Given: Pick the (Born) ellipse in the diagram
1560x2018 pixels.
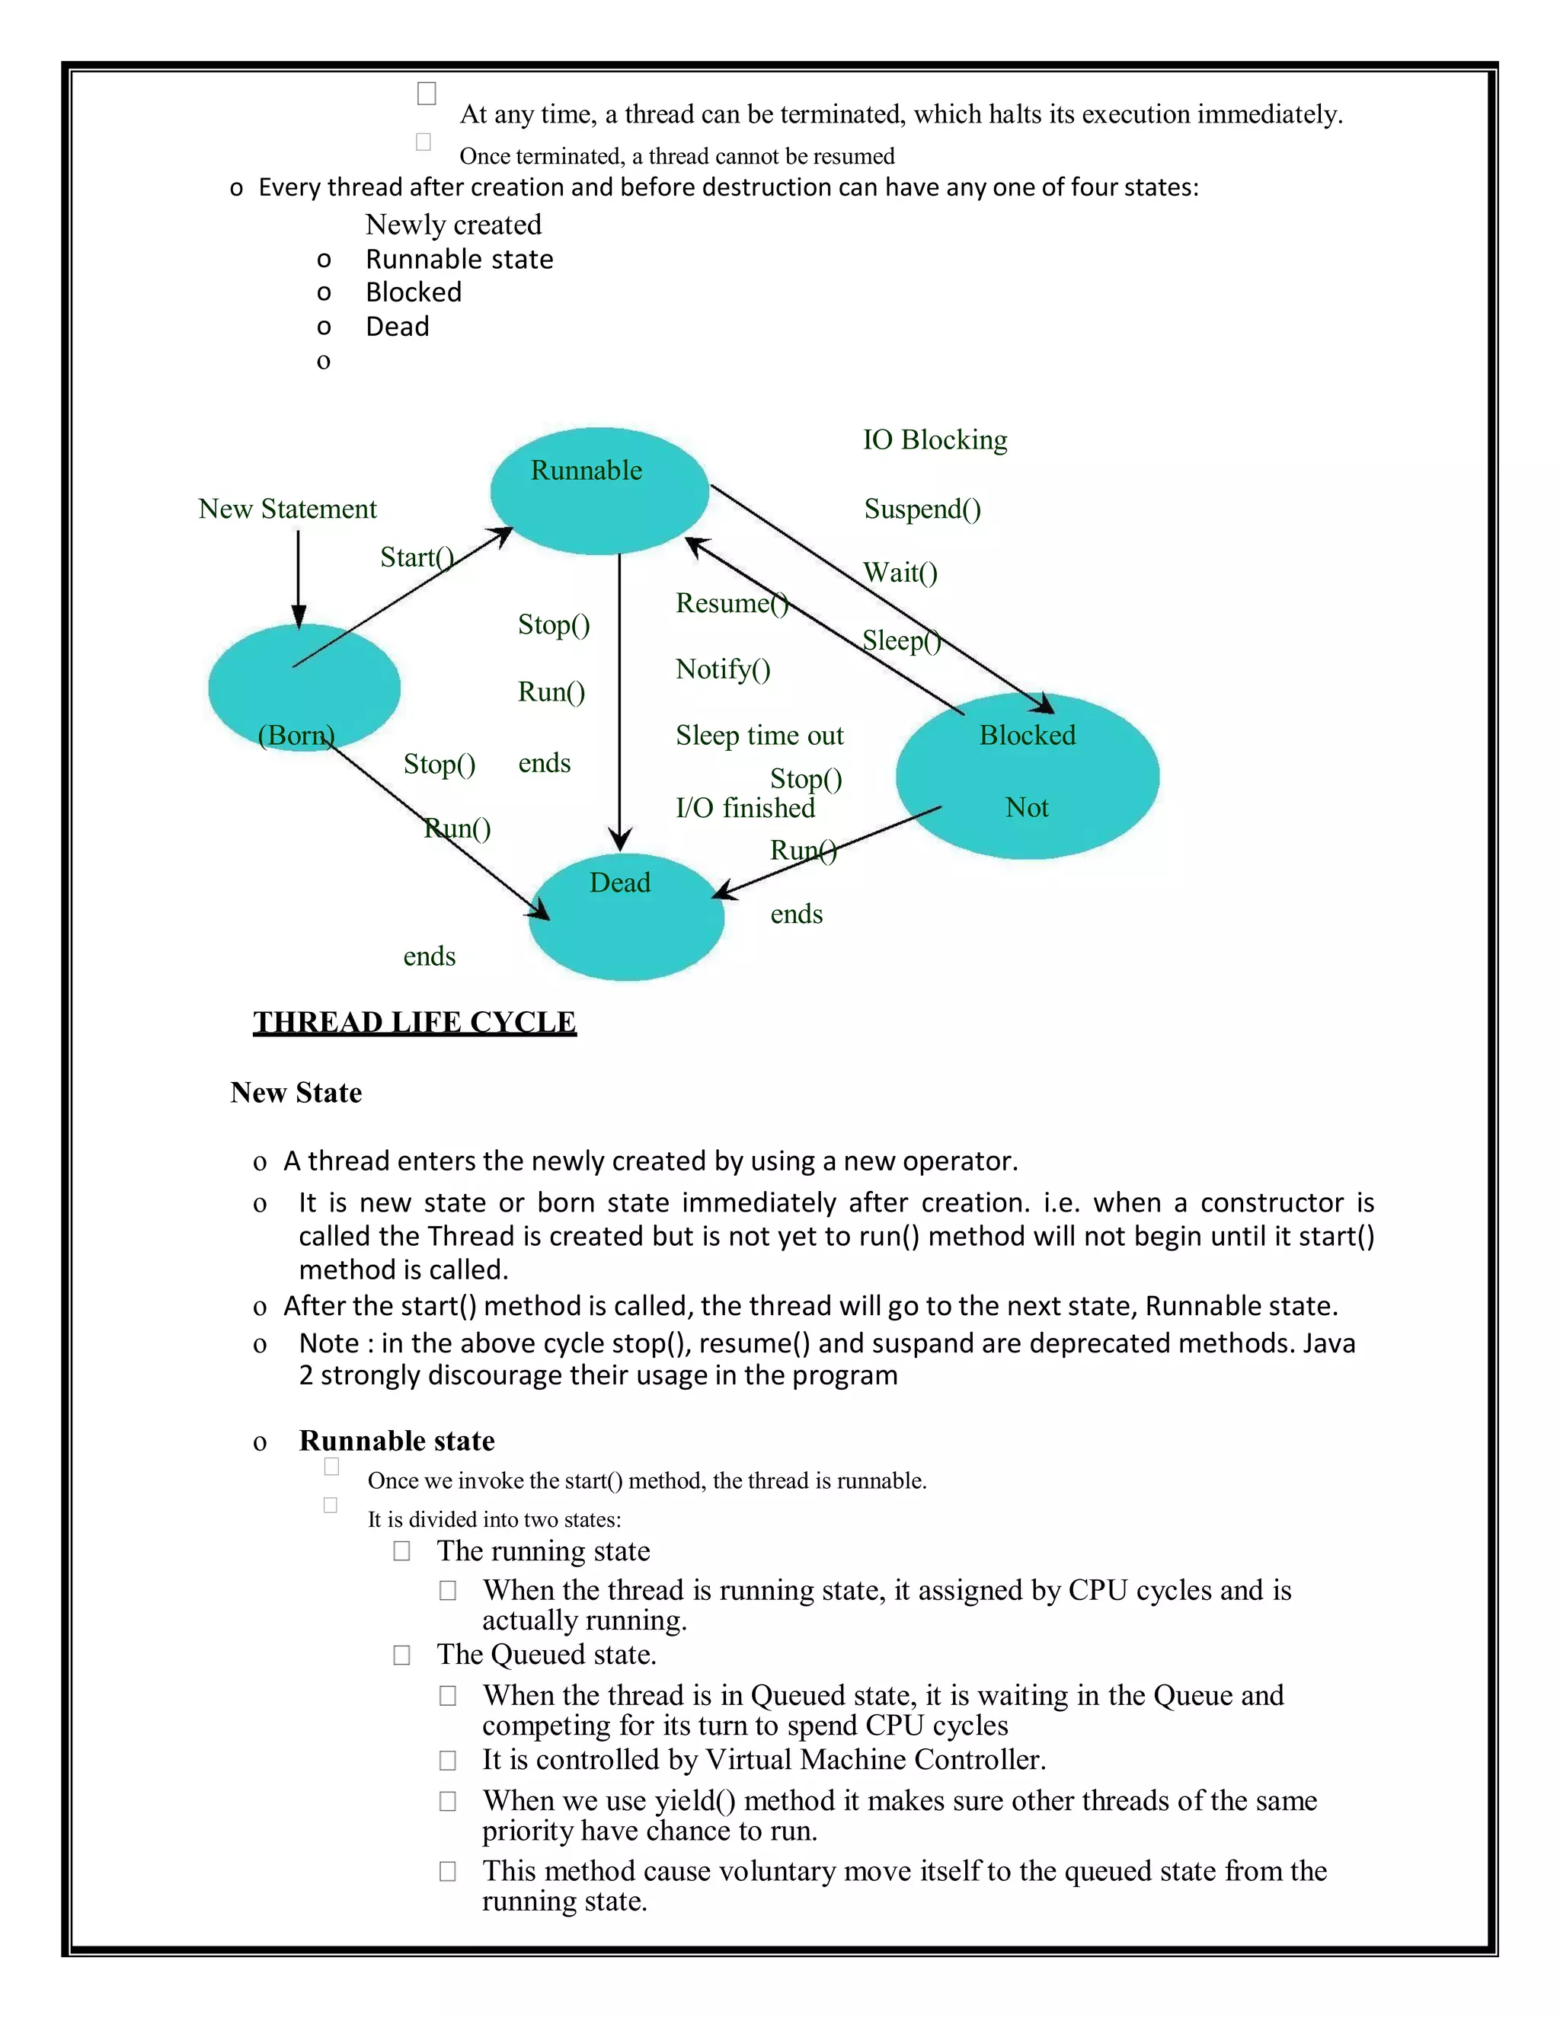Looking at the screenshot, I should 303,688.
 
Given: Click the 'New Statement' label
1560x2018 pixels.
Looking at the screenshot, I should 287,509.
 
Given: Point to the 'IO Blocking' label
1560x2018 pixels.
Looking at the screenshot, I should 935,440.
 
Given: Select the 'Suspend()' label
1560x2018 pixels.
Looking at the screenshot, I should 922,509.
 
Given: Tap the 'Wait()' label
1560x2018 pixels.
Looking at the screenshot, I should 900,573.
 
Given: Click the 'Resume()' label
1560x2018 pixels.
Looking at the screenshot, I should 731,603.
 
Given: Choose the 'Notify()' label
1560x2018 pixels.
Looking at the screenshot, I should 723,669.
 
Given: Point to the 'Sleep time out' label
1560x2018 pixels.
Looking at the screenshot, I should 759,736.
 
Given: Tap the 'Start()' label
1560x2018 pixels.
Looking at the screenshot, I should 417,557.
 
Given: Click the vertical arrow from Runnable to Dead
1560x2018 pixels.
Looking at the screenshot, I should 620,702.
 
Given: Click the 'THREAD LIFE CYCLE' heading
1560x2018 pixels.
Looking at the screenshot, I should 415,1022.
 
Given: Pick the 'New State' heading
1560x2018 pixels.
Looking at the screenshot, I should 296,1092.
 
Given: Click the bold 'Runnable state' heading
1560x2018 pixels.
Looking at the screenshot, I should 396,1441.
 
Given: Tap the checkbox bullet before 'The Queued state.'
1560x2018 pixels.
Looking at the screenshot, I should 402,1654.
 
